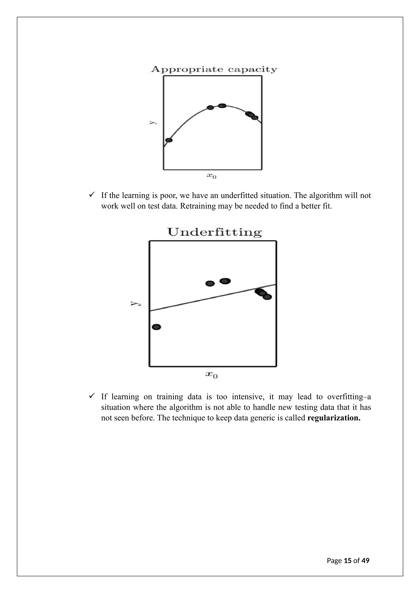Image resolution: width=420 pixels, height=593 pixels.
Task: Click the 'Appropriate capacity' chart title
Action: coord(214,69)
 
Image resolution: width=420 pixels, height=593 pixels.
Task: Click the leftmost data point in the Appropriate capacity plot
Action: coord(169,140)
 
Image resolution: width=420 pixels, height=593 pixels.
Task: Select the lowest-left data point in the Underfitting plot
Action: coord(156,327)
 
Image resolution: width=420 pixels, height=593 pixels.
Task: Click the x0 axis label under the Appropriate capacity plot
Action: coord(211,176)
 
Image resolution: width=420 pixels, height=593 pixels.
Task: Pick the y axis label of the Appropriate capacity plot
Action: coord(153,122)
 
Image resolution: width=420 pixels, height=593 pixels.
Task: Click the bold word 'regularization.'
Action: coord(334,418)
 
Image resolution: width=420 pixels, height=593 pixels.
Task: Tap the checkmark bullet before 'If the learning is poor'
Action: coord(92,195)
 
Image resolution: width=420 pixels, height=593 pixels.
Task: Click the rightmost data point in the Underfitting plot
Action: coord(267,297)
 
